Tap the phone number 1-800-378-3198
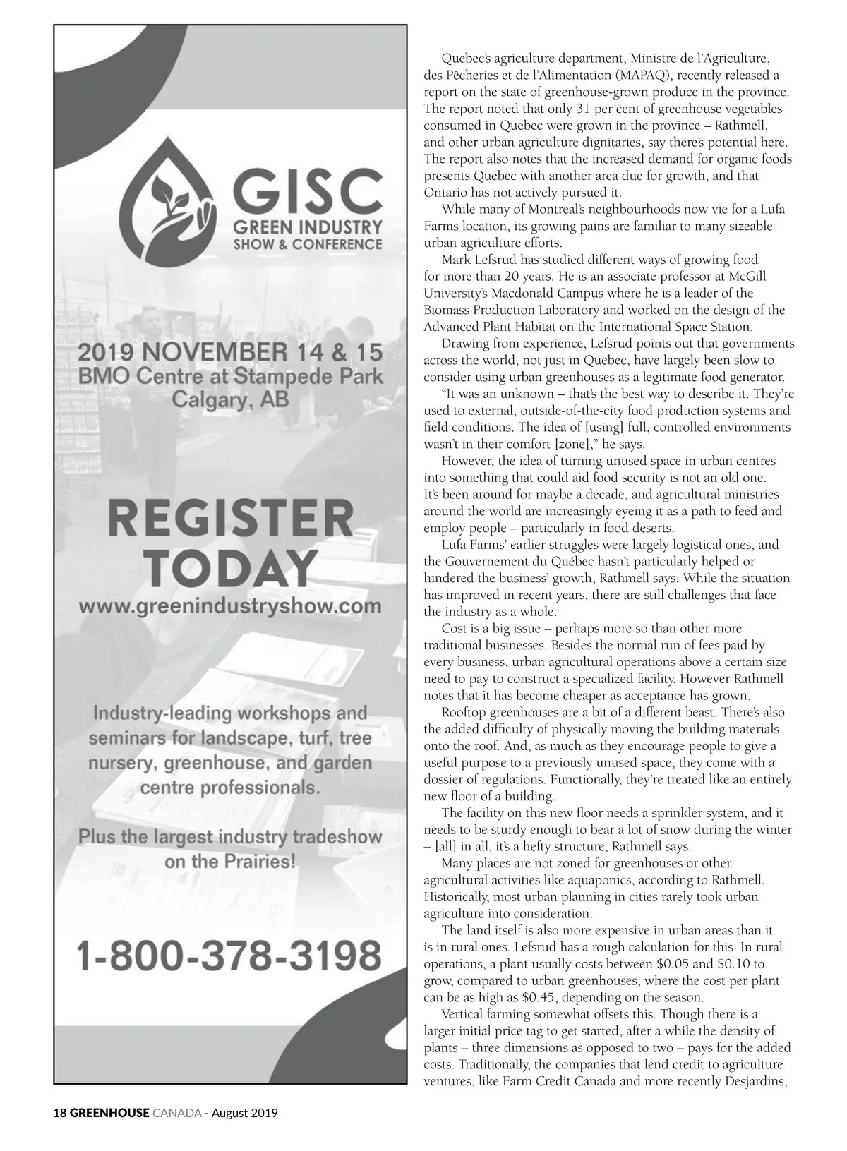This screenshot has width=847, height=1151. (x=229, y=954)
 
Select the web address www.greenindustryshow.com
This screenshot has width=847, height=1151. (x=230, y=605)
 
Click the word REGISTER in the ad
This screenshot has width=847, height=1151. (x=230, y=520)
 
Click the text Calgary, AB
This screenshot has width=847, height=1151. (x=230, y=400)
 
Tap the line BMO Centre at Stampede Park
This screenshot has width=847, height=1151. (x=230, y=376)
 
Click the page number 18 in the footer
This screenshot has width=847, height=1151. (x=60, y=1114)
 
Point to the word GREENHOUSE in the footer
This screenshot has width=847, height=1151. (x=109, y=1114)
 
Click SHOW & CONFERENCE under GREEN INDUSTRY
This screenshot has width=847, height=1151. (x=308, y=245)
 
